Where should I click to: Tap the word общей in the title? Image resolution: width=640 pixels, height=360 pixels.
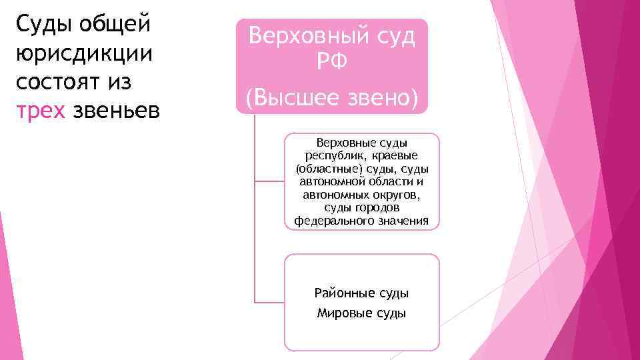[115, 24]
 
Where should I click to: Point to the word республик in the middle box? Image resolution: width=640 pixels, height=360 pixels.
[331, 155]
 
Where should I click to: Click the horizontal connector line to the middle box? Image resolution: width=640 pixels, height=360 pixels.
[269, 181]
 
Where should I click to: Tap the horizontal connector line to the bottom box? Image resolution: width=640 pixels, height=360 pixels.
[269, 302]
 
